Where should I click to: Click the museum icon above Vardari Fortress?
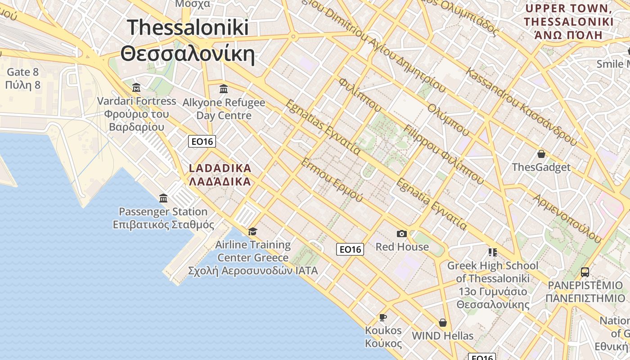click(x=136, y=87)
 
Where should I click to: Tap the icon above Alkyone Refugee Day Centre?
click(x=224, y=89)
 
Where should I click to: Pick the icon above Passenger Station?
click(x=163, y=198)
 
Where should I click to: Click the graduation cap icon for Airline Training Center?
click(x=252, y=231)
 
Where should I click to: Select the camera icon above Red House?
click(x=402, y=234)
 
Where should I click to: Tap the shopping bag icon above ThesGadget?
click(x=541, y=154)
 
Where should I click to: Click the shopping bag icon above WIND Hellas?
click(x=443, y=323)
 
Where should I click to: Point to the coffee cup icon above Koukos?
click(x=383, y=317)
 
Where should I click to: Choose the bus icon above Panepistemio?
click(x=585, y=272)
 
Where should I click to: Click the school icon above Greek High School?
click(x=492, y=252)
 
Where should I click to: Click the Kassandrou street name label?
click(x=521, y=107)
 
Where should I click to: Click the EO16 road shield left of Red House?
click(x=350, y=249)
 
